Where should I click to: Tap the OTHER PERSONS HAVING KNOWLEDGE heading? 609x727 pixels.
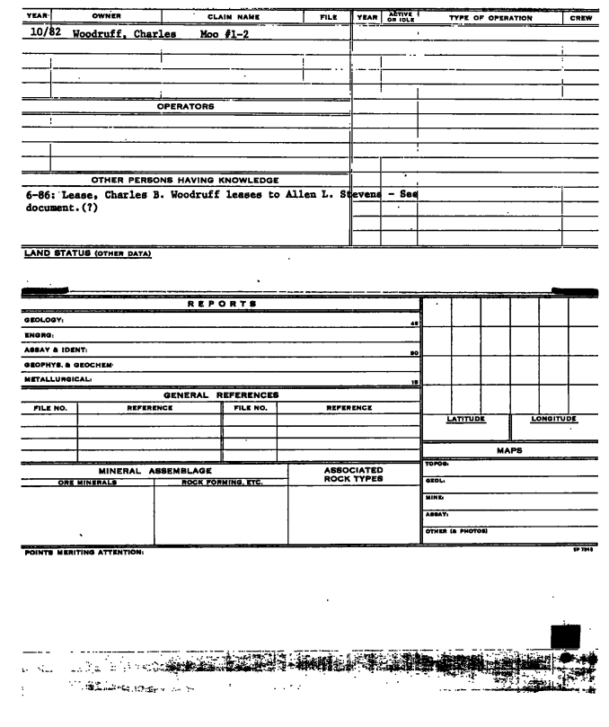point(178,180)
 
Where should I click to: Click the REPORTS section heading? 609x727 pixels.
point(222,305)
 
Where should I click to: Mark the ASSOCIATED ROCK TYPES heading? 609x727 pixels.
point(353,474)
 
